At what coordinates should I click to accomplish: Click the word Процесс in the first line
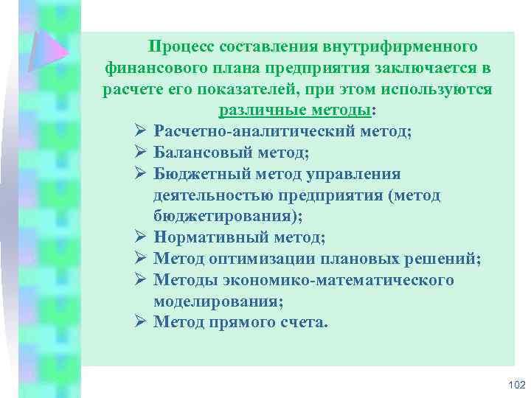pos(176,47)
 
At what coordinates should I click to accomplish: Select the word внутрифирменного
pos(401,47)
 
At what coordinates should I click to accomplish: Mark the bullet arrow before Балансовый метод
pos(141,153)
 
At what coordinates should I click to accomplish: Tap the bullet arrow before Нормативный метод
pos(141,238)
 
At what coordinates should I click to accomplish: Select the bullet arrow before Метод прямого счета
pos(141,323)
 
